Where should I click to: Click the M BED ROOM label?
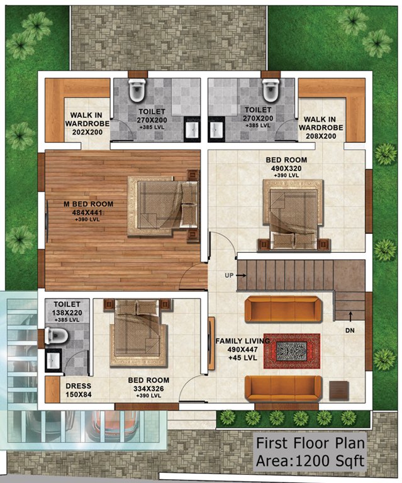(88, 204)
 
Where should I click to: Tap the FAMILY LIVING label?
(242, 340)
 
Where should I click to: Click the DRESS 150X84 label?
(78, 390)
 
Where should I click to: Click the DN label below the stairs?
(350, 329)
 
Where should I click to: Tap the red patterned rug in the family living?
(291, 351)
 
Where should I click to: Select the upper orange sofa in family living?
(281, 309)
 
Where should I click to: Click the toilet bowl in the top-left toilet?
(137, 92)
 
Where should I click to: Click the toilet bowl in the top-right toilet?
(271, 92)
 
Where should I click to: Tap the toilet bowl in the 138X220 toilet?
(57, 336)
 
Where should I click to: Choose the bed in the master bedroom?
(162, 206)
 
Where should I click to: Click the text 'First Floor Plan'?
(310, 443)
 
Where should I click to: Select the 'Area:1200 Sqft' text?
(310, 460)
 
